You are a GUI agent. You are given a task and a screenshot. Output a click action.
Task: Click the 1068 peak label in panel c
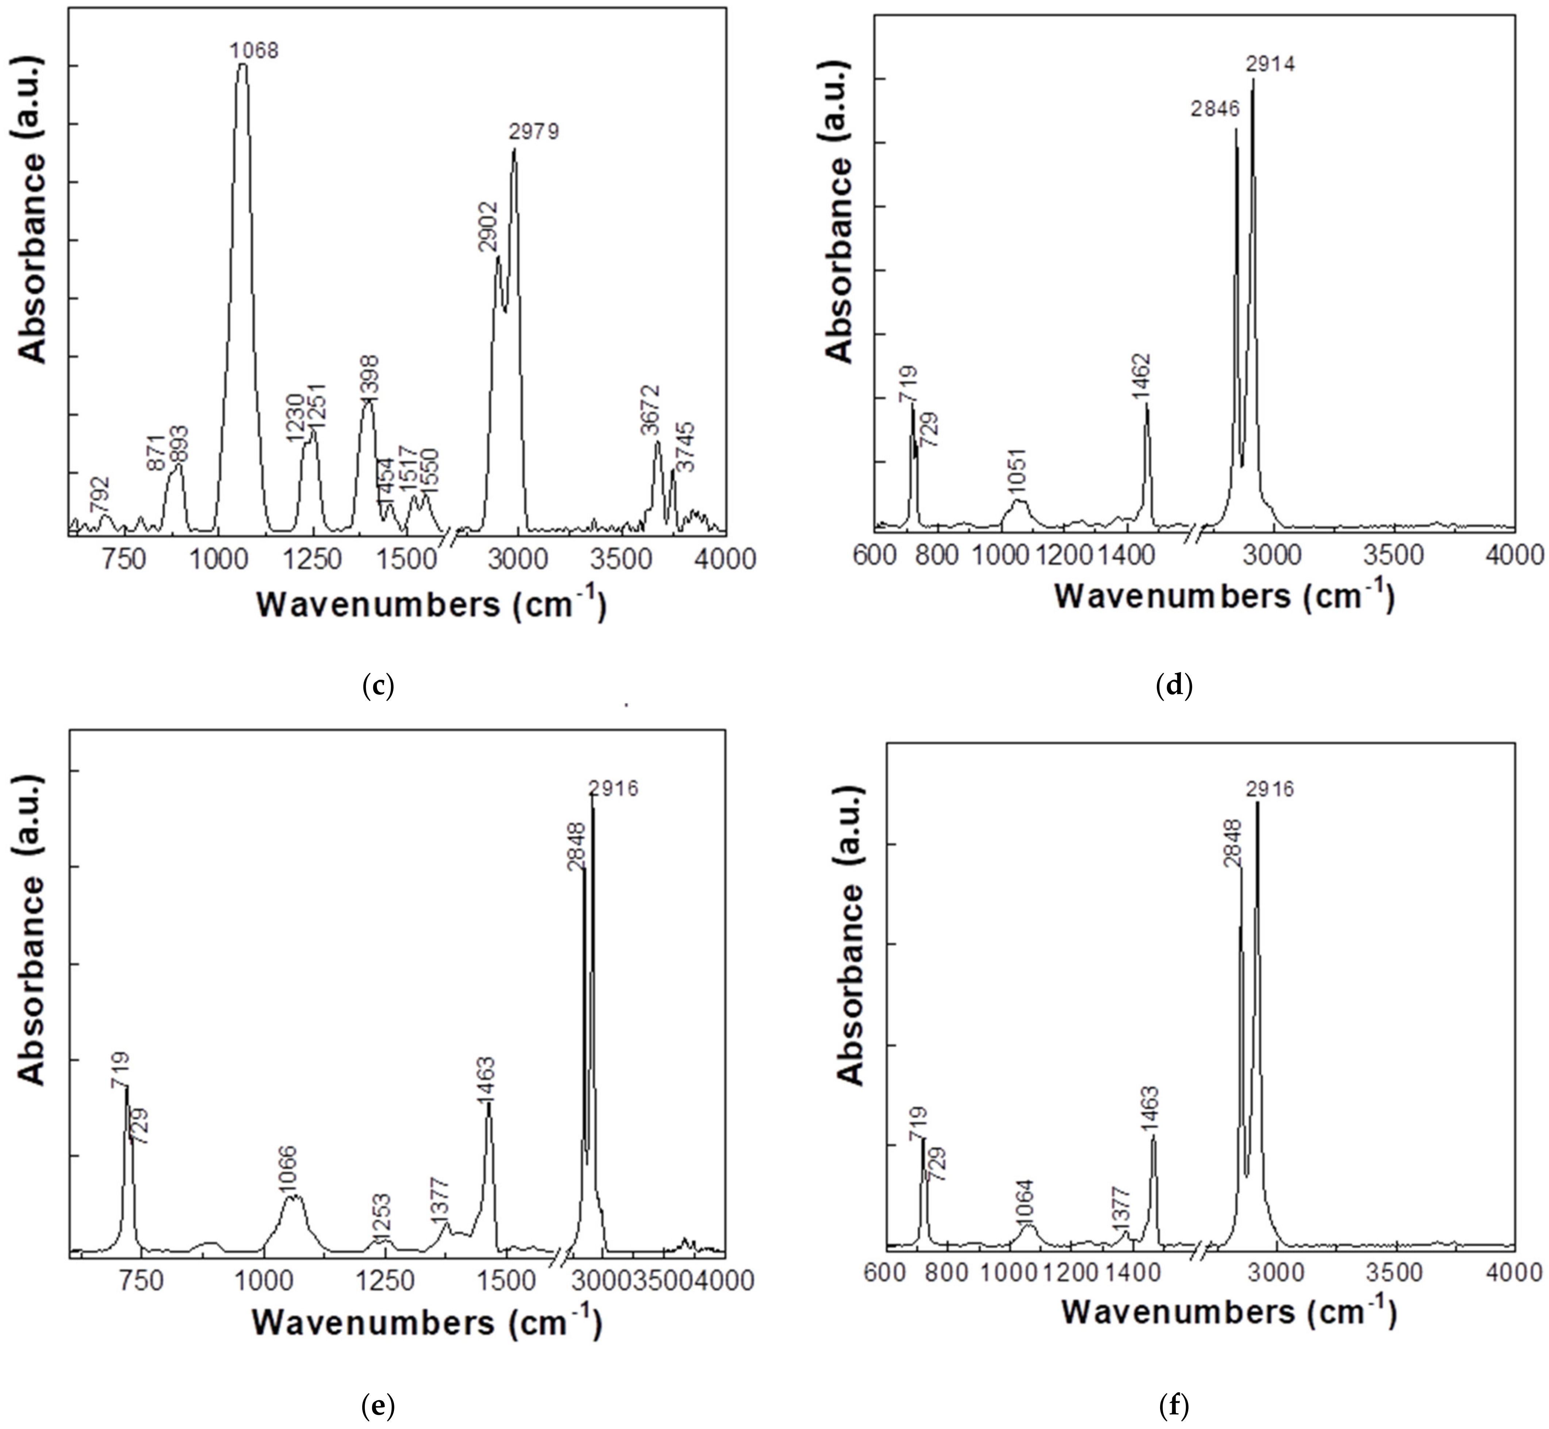[x=254, y=51]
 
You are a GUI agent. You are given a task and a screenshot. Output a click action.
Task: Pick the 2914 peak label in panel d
[x=1270, y=64]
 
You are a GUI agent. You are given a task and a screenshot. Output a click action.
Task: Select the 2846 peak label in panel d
[x=1216, y=109]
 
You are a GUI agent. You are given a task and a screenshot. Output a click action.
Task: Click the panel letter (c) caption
[x=378, y=686]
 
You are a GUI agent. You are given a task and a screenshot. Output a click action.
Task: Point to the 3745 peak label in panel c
[x=685, y=447]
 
